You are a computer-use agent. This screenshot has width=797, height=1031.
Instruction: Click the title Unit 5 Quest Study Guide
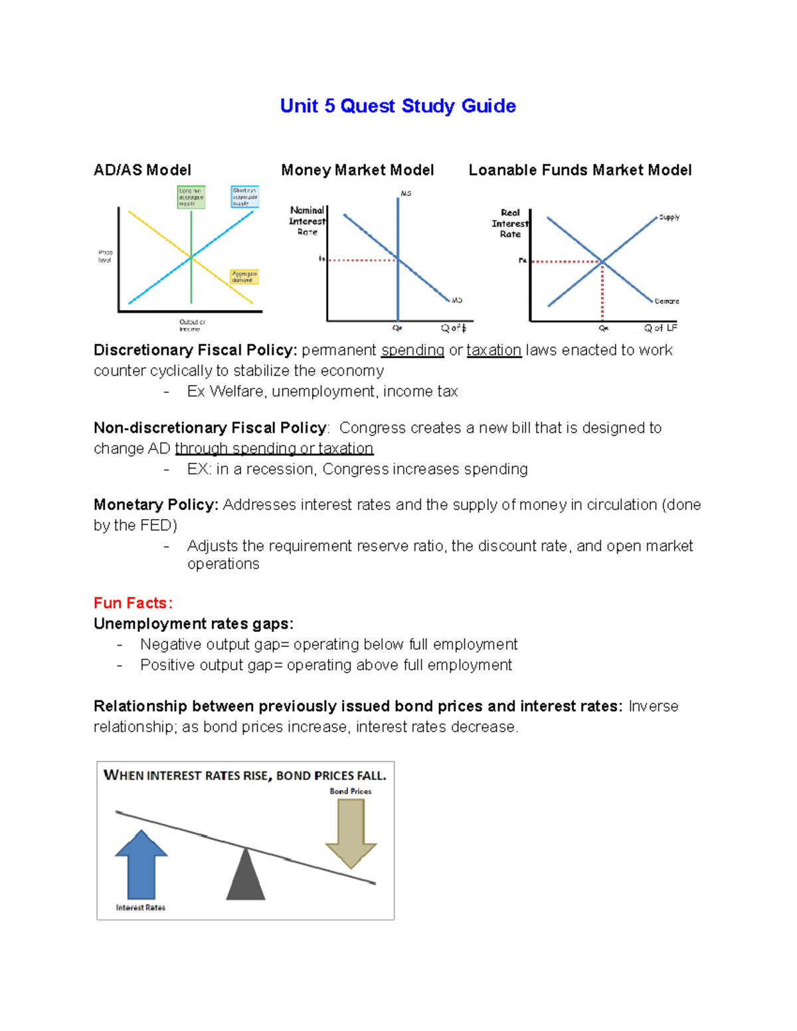(398, 106)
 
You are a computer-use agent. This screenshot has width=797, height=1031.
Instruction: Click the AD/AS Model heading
(142, 170)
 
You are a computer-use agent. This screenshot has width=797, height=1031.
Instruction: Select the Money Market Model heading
(357, 170)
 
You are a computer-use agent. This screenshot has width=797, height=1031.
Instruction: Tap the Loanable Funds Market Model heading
(580, 170)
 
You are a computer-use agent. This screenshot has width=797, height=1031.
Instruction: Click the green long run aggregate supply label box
(191, 197)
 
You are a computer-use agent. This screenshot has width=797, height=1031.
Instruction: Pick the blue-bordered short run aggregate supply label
(244, 197)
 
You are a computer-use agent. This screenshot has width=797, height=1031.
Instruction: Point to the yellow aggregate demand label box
(244, 277)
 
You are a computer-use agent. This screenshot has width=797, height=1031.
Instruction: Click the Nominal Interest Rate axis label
(308, 220)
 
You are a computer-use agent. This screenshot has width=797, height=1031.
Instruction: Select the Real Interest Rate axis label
(510, 223)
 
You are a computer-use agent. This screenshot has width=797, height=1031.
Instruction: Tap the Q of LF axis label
(660, 328)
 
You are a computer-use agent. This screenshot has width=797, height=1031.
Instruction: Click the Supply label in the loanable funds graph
(669, 217)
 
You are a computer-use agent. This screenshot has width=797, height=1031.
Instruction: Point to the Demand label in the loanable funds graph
(666, 301)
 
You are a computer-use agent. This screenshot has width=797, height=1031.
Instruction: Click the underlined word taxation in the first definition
(493, 351)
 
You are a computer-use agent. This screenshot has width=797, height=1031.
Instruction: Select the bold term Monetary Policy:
(156, 505)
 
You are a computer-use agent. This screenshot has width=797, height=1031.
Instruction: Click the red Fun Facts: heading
(133, 603)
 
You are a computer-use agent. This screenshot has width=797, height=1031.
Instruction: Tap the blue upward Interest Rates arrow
(141, 864)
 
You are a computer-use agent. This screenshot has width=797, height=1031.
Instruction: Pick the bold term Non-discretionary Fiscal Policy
(210, 428)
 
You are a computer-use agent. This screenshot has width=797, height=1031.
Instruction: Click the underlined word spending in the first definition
(412, 351)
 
